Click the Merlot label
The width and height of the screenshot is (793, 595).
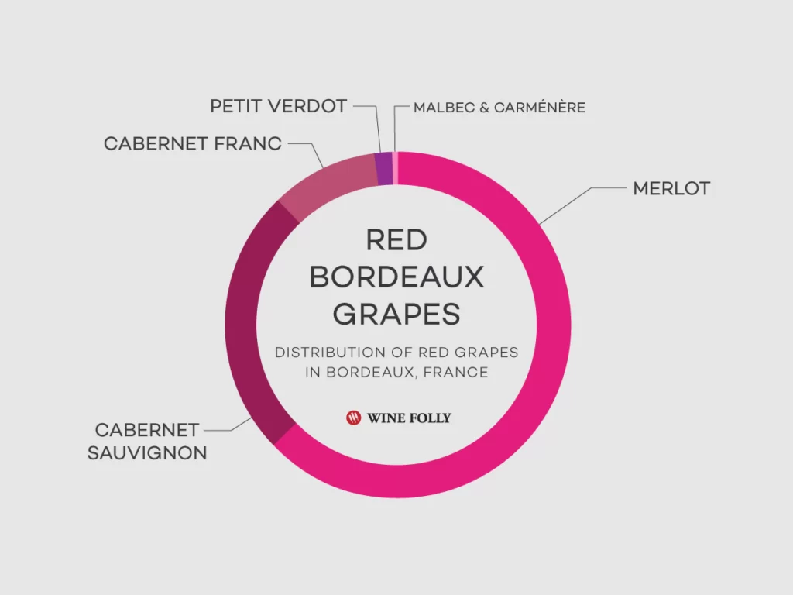pos(671,189)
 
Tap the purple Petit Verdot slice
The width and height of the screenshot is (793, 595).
pos(384,168)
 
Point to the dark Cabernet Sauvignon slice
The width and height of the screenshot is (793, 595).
pos(253,324)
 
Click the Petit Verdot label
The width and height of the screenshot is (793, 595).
pos(279,106)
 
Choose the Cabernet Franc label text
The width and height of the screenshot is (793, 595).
pos(193,143)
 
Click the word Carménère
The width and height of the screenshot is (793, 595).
pos(540,107)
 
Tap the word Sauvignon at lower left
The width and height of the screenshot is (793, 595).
pos(147,452)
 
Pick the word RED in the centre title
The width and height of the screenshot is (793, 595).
pos(396,240)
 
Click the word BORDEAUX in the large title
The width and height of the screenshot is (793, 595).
pos(396,277)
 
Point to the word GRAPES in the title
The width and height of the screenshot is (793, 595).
pos(396,315)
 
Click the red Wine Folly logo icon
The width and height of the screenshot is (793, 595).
pos(353,418)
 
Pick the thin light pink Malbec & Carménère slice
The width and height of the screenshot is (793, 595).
pos(396,168)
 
